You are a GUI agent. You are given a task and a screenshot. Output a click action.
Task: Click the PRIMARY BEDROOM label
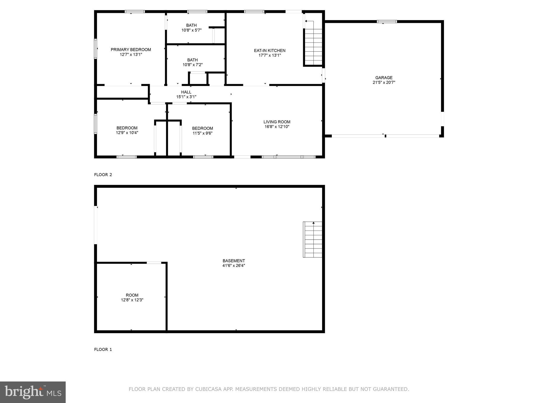[131, 50]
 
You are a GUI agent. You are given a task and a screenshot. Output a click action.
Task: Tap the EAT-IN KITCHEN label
[270, 51]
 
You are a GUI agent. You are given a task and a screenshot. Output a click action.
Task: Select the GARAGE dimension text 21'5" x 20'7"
[384, 82]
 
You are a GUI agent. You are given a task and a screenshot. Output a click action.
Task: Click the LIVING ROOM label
[277, 122]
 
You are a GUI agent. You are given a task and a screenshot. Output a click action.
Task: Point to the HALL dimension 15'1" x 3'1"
[186, 97]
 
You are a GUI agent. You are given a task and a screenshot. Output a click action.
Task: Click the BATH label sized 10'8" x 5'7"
[192, 25]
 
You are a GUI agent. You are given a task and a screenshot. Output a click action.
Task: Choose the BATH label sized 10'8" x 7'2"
[193, 60]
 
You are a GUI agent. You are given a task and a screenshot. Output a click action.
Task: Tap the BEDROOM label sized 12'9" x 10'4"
[127, 128]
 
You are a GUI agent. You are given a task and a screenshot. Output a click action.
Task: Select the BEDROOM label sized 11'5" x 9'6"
[203, 128]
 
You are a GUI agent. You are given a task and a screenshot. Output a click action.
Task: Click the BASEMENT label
[234, 261]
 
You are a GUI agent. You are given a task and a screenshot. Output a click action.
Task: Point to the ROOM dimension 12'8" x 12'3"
[132, 300]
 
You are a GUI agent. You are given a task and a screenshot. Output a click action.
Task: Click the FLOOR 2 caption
[103, 175]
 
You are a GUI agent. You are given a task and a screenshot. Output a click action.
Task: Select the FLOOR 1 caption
[103, 349]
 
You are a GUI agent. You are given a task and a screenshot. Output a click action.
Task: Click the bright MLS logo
[33, 392]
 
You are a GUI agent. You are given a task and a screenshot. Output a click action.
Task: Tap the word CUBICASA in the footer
[209, 389]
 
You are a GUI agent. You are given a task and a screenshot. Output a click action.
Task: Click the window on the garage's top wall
[387, 22]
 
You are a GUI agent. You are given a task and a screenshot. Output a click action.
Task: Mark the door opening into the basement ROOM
[154, 263]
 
